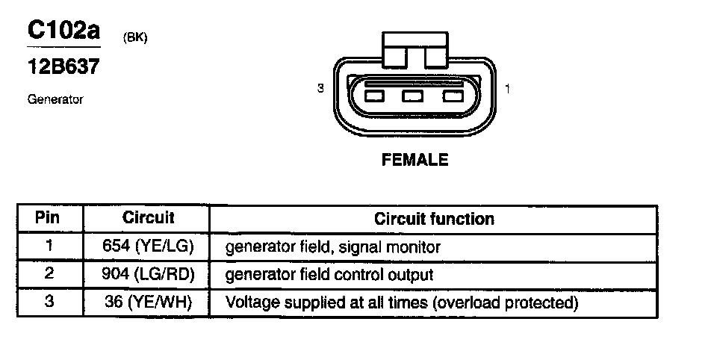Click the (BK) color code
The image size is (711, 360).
pyautogui.click(x=134, y=37)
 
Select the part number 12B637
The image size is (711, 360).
pyautogui.click(x=63, y=66)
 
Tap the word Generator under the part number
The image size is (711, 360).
pyautogui.click(x=55, y=99)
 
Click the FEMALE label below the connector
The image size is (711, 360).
pyautogui.click(x=415, y=160)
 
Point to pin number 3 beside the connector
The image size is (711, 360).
pyautogui.click(x=320, y=89)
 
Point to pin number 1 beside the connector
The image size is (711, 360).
pyautogui.click(x=507, y=89)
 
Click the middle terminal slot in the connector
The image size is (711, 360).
pyautogui.click(x=412, y=96)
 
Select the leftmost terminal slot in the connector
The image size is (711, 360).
pyautogui.click(x=374, y=96)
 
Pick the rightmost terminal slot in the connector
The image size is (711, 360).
pyautogui.click(x=453, y=96)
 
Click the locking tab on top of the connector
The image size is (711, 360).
pyautogui.click(x=414, y=46)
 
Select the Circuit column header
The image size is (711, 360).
pyautogui.click(x=148, y=218)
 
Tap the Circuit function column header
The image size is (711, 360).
pyautogui.click(x=434, y=219)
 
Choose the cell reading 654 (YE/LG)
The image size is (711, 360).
pyautogui.click(x=148, y=246)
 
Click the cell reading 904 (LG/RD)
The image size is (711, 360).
pyautogui.click(x=148, y=275)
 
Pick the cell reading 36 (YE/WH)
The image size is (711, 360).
pyautogui.click(x=148, y=303)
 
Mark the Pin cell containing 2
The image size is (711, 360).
pyautogui.click(x=49, y=274)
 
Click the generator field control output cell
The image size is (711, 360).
pyautogui.click(x=329, y=275)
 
